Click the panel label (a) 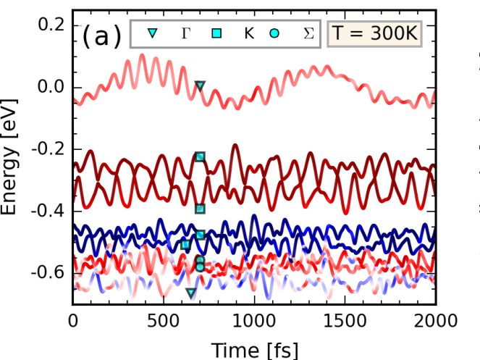click(x=101, y=35)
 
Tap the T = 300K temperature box click(x=375, y=33)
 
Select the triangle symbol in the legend click(x=152, y=33)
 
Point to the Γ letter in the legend click(x=185, y=33)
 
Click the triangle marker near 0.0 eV click(x=200, y=86)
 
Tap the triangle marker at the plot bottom click(x=191, y=293)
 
